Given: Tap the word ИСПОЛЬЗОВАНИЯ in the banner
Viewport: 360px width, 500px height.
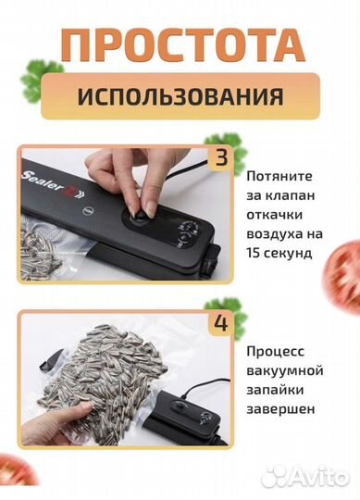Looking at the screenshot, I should (180, 95).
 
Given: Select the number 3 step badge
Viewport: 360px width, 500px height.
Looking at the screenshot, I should (220, 156).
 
